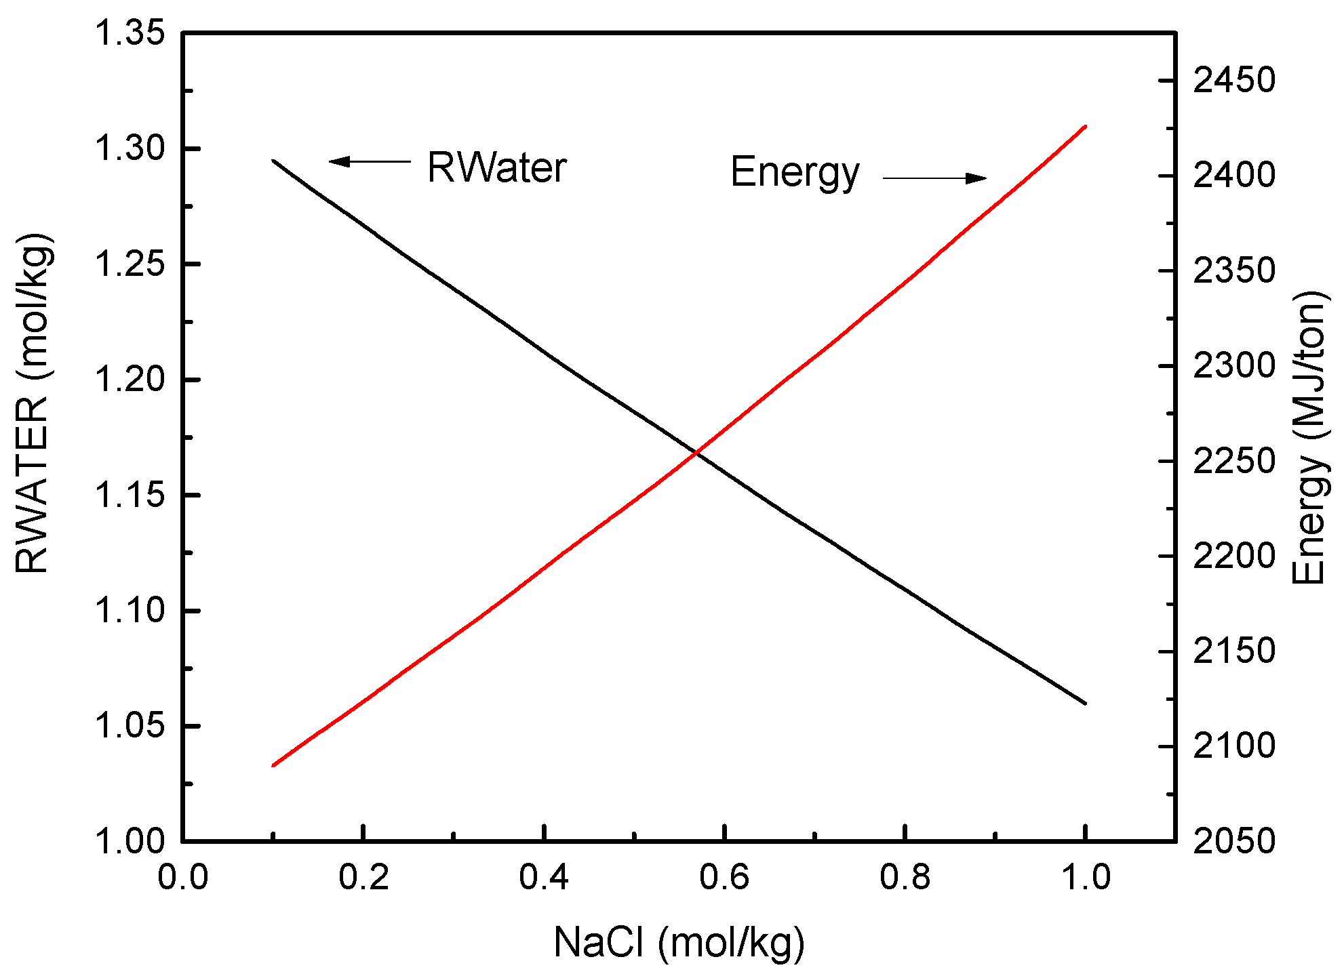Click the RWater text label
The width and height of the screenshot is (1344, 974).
[496, 168]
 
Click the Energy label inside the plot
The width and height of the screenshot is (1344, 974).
[794, 173]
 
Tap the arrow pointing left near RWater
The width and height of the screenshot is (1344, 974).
[370, 161]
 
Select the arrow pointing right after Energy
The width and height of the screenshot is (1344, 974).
[934, 178]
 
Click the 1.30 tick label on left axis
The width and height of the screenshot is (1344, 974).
[130, 148]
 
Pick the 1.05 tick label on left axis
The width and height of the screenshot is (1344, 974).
[130, 726]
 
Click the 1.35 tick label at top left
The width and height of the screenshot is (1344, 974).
[130, 33]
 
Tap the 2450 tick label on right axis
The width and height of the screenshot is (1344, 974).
[1233, 81]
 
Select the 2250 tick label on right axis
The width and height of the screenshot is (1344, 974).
[1233, 462]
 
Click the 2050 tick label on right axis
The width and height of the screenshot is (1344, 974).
[1233, 841]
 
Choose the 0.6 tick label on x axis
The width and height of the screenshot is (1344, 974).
[724, 878]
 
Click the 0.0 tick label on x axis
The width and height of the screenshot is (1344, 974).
[183, 878]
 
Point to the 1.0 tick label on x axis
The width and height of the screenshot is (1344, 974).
[1085, 878]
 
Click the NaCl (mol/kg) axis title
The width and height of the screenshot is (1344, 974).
[679, 942]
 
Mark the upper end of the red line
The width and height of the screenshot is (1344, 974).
[1086, 127]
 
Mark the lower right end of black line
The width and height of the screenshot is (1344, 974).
[1085, 703]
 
